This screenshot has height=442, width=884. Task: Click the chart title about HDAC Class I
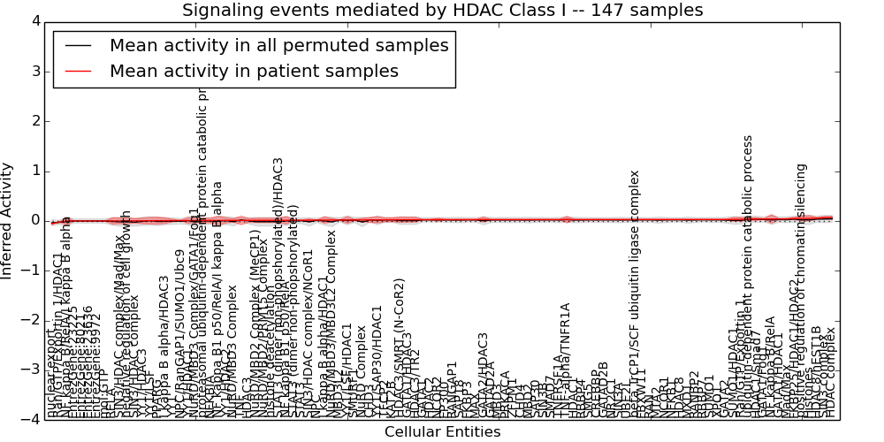(442, 11)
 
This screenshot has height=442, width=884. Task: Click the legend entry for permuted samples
(278, 46)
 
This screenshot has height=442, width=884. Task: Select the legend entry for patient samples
(254, 72)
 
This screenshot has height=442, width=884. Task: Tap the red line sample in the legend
(77, 72)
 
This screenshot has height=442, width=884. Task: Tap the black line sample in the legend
(77, 46)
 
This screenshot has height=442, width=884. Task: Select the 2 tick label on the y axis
(34, 121)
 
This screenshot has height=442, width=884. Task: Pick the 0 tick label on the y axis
(34, 221)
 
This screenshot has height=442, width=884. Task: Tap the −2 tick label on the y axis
(31, 320)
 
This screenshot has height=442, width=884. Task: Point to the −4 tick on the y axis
(31, 420)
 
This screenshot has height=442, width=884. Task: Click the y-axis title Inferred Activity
(8, 221)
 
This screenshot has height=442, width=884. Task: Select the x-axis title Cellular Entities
(442, 432)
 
